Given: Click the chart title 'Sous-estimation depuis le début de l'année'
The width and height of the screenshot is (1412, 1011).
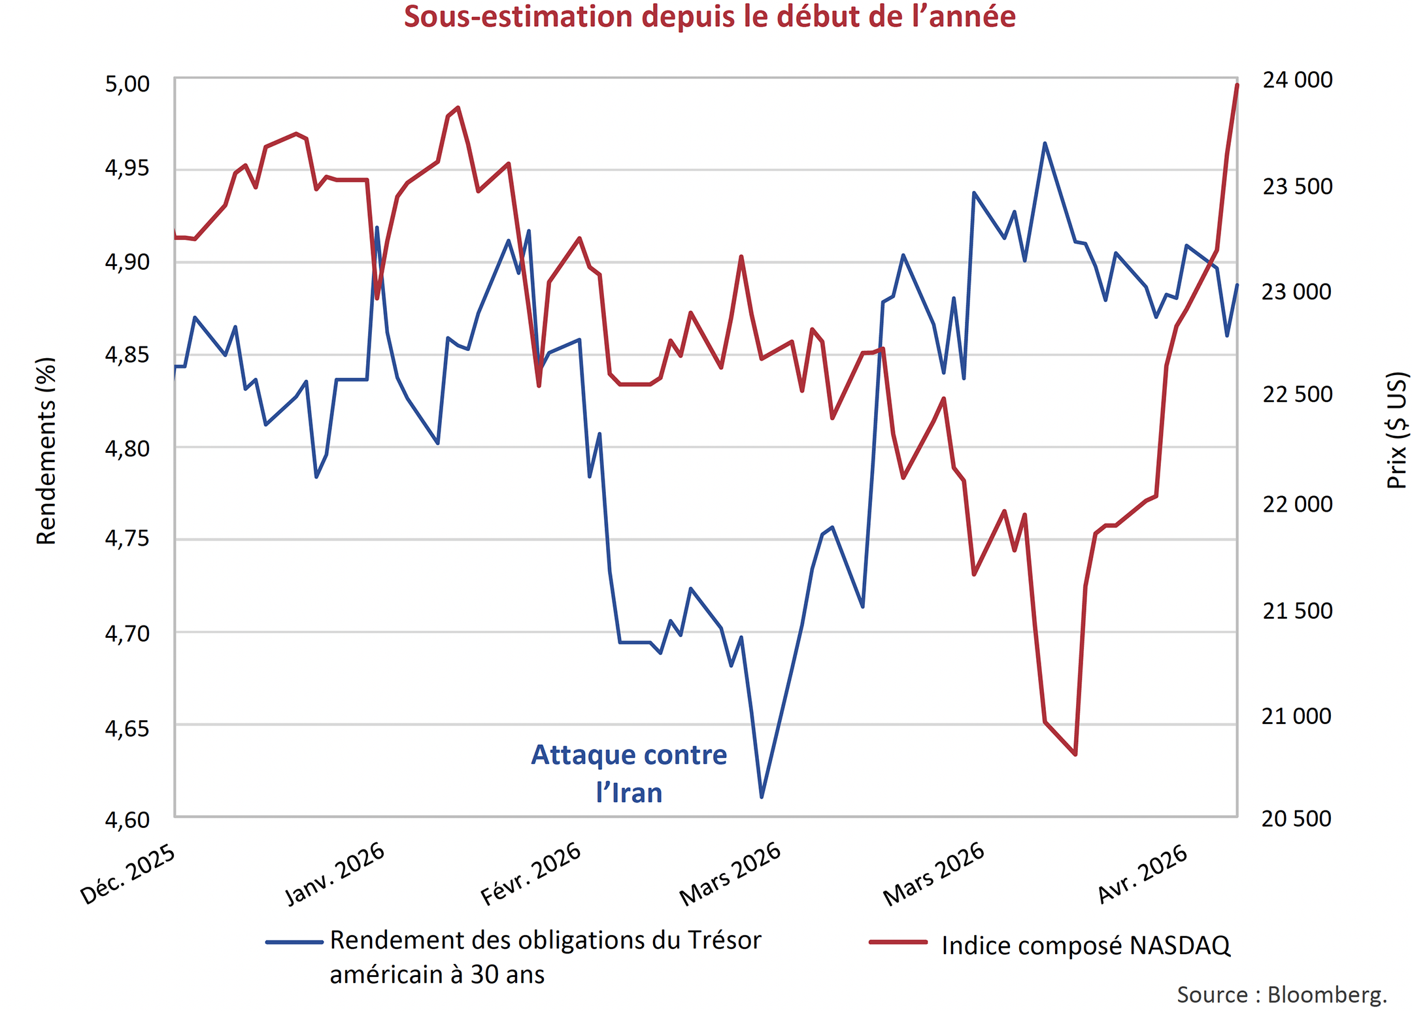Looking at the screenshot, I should (709, 17).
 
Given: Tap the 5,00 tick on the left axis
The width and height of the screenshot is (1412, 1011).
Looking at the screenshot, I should (127, 84).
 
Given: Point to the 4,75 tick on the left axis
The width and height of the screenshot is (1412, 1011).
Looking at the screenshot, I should (127, 539).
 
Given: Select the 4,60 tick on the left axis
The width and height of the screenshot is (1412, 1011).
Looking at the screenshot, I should (127, 820).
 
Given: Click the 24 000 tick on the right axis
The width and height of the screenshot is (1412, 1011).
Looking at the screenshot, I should (1297, 80).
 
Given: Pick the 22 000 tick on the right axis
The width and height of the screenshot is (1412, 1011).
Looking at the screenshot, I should (1297, 504).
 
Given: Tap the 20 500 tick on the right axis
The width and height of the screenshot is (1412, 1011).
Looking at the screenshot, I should (1296, 818).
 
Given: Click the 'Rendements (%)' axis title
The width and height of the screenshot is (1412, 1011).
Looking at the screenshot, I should (46, 451).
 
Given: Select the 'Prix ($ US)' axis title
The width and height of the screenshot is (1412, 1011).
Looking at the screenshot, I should (1396, 430).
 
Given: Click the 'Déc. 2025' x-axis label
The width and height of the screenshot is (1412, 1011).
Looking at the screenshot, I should (128, 874).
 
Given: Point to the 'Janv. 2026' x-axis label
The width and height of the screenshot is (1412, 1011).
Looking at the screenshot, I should (335, 874).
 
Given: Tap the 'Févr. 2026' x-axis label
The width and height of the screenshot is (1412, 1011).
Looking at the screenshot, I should (531, 874).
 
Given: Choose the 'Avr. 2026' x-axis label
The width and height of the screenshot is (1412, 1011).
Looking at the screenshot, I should (1143, 874).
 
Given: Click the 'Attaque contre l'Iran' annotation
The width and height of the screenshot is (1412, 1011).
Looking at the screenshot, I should (629, 774).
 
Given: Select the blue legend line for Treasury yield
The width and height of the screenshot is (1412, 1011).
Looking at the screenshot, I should (294, 942).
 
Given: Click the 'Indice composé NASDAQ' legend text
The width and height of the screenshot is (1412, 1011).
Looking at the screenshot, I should (1085, 946).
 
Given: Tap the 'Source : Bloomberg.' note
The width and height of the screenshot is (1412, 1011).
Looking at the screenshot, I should (1281, 994).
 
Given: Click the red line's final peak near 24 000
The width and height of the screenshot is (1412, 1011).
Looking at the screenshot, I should (1237, 86).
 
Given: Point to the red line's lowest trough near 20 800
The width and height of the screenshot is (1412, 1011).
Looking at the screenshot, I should (1075, 754).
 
